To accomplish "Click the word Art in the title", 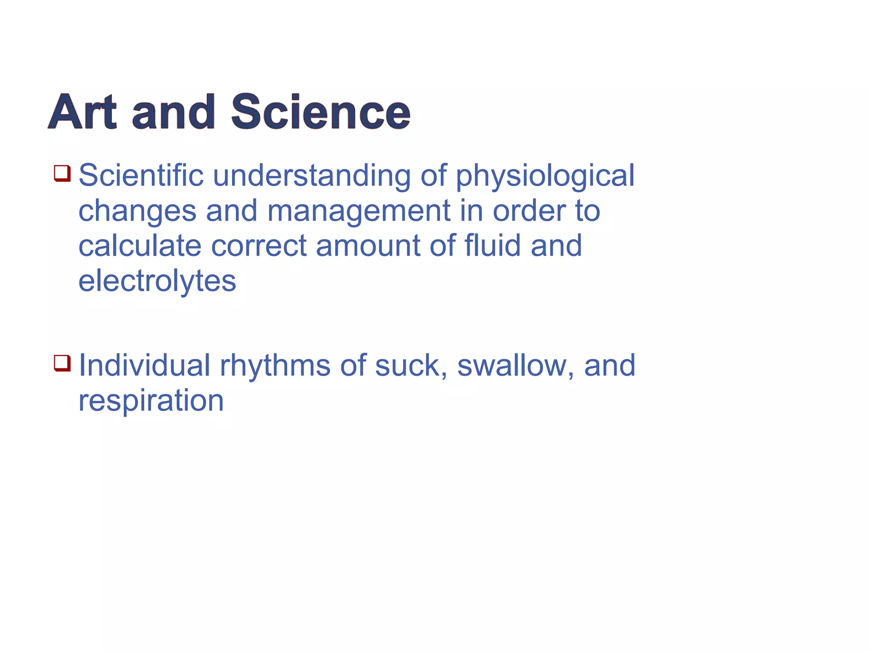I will point(82,112).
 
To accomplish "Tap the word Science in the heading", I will point(320,112).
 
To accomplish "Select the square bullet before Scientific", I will point(62,173).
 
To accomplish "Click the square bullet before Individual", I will point(62,363).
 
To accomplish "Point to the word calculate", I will point(140,246).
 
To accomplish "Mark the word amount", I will point(368,247).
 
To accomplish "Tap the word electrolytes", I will point(157,282).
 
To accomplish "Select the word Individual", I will point(144,365).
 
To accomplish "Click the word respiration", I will point(151,401).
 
